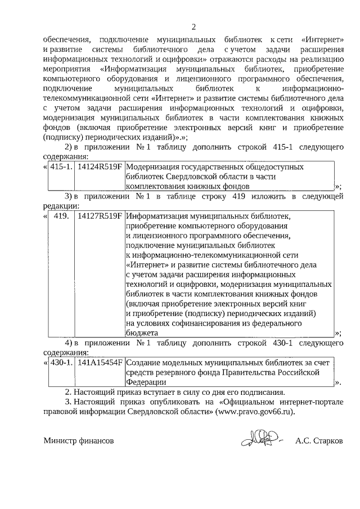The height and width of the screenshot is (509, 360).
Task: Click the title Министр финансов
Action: click(79, 442)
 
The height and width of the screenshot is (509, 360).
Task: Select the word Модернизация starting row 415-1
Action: click(154, 167)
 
